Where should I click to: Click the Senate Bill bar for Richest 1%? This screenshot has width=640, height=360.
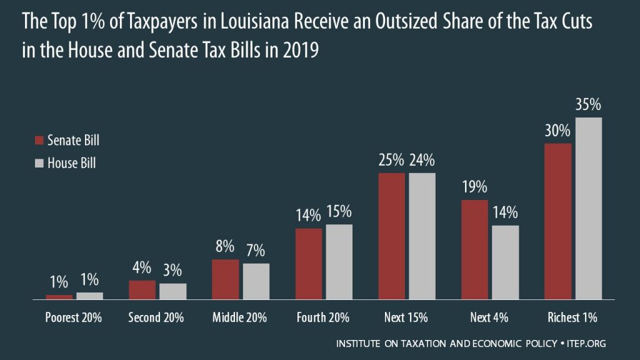(x=558, y=221)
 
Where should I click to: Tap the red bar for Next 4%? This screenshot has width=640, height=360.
(x=474, y=249)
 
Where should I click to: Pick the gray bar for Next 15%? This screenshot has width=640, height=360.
(x=422, y=236)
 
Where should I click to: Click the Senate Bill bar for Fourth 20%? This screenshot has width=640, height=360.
(x=308, y=264)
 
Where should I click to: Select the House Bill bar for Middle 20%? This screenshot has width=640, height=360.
(x=256, y=281)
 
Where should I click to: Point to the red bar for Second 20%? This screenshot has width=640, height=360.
(x=142, y=290)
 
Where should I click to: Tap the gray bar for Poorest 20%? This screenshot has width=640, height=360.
(x=89, y=296)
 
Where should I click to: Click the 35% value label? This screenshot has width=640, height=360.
(x=588, y=105)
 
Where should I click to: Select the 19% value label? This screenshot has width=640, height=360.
(x=474, y=187)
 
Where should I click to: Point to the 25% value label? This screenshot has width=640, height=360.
(x=392, y=160)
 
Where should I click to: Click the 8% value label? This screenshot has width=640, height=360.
(x=226, y=246)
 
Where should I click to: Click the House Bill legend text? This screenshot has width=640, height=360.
(x=72, y=164)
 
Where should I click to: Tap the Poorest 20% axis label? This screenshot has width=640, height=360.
(x=74, y=317)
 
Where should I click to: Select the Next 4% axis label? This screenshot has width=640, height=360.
(x=489, y=317)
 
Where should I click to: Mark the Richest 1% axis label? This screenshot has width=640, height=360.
(x=573, y=317)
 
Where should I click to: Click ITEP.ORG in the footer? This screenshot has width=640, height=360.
(x=589, y=344)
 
